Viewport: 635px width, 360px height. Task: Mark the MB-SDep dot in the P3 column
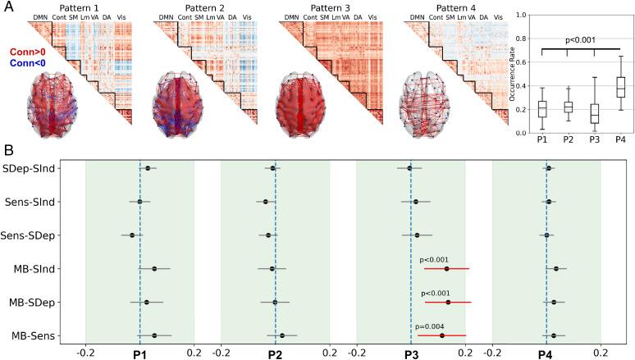pyautogui.click(x=448, y=302)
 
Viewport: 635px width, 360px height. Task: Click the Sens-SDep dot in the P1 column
pyautogui.click(x=132, y=235)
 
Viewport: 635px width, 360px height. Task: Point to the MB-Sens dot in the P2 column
pyautogui.click(x=282, y=335)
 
